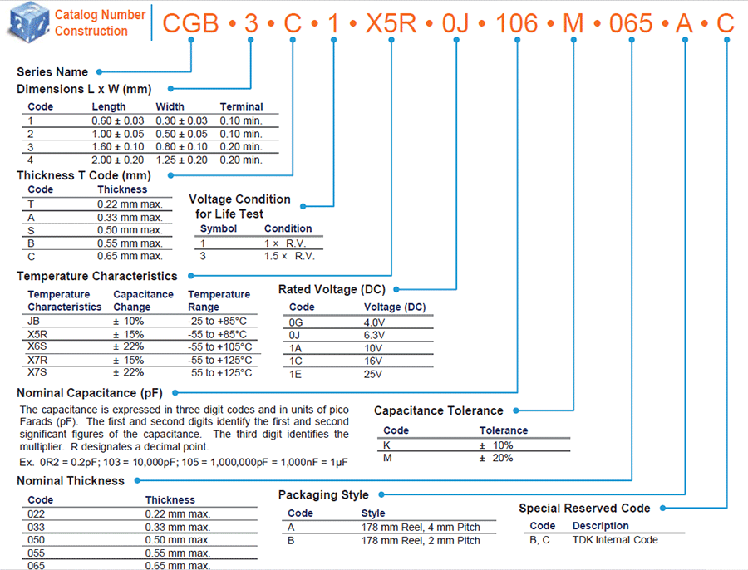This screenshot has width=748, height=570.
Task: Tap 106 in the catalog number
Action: tap(518, 22)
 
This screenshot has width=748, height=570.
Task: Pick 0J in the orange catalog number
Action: tap(457, 22)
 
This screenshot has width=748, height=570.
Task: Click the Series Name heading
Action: tap(52, 72)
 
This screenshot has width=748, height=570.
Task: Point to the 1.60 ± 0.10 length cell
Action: tap(117, 146)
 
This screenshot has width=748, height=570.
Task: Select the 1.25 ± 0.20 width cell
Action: tap(182, 160)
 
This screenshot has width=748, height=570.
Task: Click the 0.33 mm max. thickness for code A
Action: tap(130, 217)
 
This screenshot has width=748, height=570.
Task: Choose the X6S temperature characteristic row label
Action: tap(38, 346)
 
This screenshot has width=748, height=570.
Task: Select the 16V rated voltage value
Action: tap(373, 361)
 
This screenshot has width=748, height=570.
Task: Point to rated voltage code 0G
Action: tap(297, 322)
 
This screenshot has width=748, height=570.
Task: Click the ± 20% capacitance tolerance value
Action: tap(496, 458)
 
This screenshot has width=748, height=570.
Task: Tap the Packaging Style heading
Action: tap(323, 495)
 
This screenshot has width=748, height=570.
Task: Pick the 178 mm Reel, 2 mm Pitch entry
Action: tap(421, 541)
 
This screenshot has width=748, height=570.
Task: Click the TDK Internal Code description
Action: tap(615, 540)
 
